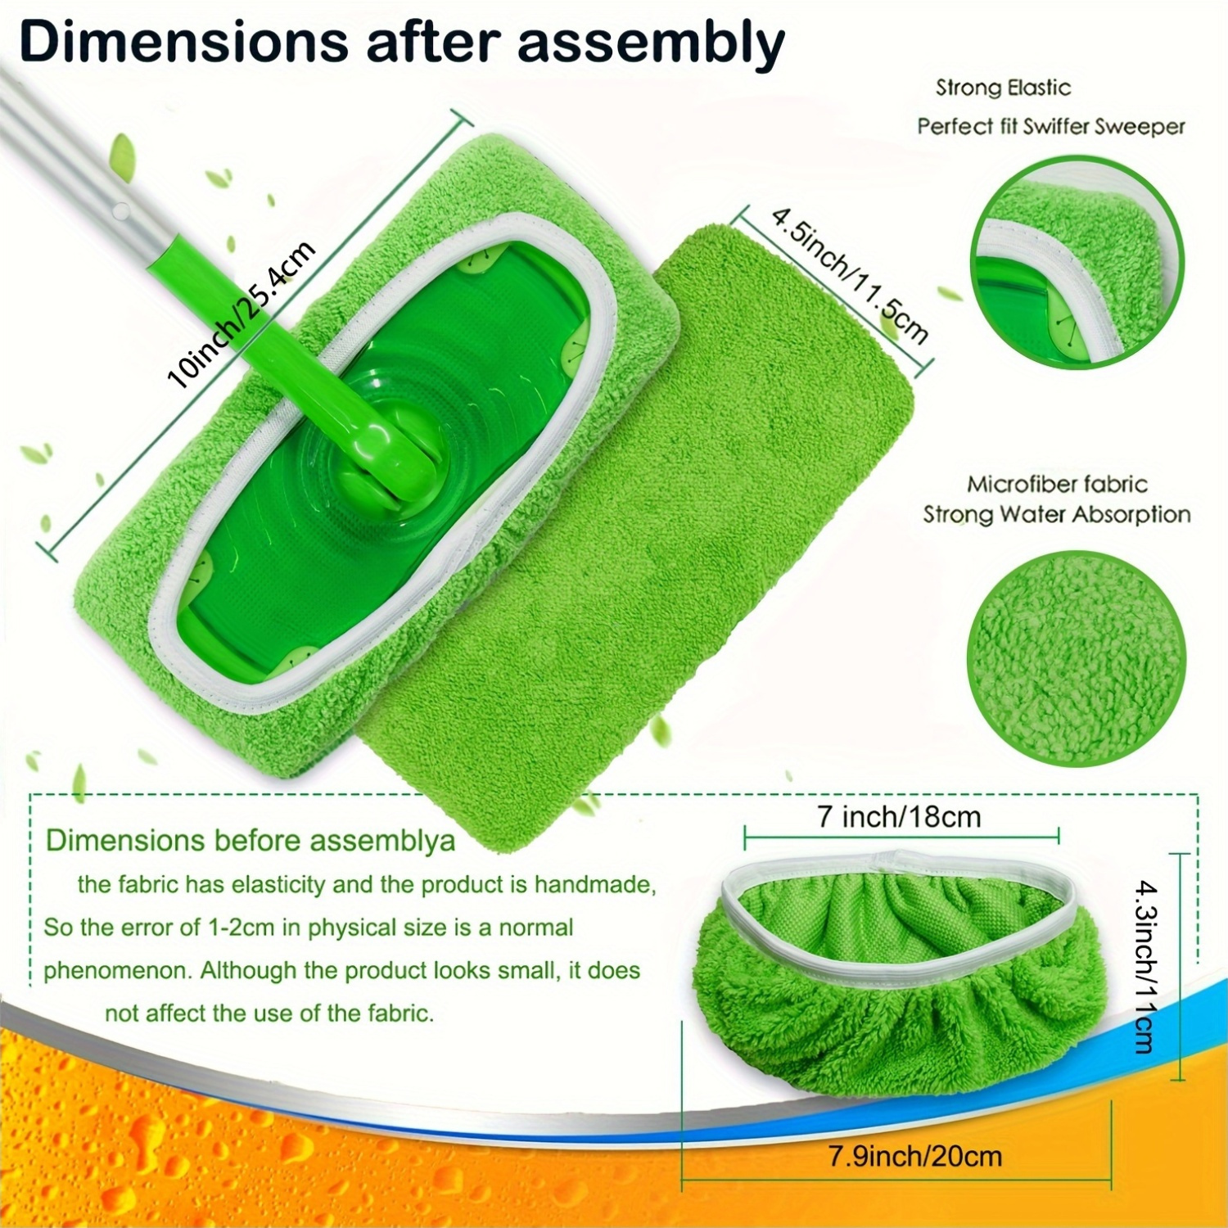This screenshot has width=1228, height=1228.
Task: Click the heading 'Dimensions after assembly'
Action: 401,43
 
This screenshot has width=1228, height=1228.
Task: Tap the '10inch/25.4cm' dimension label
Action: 242,315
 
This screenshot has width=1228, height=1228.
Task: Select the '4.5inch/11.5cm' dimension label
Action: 850,275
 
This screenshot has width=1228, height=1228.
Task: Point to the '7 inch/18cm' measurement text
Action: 899,816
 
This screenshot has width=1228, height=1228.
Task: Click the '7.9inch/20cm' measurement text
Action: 915,1156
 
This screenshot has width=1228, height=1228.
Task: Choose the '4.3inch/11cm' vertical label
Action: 1146,966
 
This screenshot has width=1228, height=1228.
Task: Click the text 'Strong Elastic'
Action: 1003,88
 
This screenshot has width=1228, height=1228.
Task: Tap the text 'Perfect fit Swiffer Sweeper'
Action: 1051,126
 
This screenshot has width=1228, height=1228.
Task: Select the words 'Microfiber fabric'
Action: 1057,484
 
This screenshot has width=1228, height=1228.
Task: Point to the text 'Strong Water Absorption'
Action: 1057,515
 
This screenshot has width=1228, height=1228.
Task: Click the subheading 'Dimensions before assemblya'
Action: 250,841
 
